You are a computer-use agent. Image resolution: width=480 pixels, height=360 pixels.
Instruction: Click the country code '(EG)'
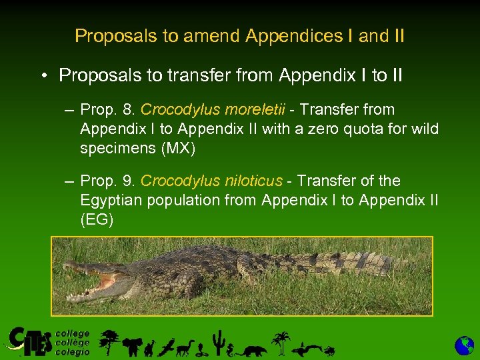pos(97,220)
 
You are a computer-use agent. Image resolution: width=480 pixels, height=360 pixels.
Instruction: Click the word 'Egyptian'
pos(109,200)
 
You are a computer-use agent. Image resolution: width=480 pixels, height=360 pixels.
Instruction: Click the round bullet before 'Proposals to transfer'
pos(42,75)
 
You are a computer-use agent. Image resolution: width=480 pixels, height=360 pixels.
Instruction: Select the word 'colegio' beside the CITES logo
pos(72,352)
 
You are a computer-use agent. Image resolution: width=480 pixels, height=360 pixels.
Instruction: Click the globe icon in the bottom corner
pos(464,346)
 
